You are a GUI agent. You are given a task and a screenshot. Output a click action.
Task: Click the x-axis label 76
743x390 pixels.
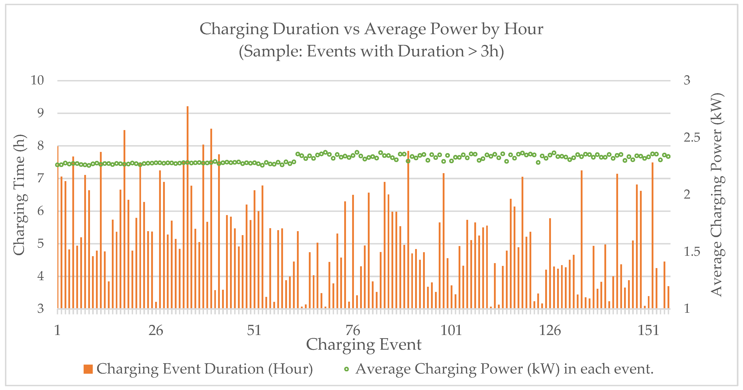point(353,330)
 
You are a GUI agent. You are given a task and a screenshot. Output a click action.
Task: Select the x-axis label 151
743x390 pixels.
point(648,330)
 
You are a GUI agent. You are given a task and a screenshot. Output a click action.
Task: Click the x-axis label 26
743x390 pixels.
point(156,330)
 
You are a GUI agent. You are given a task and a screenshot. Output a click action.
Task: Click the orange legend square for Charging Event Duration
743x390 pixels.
point(88,369)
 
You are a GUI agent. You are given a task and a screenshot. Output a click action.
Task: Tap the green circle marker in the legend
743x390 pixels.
point(346,369)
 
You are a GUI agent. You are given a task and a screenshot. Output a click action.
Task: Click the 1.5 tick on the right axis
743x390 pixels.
point(692,252)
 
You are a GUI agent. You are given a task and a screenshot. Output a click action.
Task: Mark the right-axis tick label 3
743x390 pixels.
point(687,80)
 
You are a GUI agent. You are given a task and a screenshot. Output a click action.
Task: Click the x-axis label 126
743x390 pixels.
point(550,330)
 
